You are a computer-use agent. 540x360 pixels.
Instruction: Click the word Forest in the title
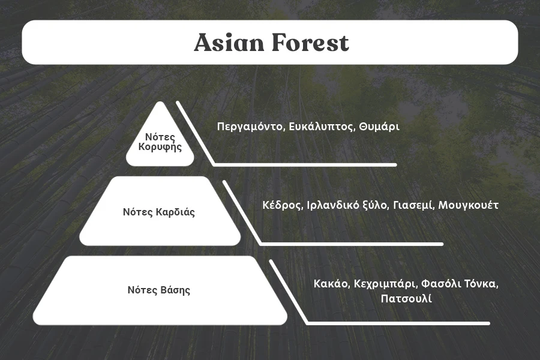pyautogui.click(x=310, y=43)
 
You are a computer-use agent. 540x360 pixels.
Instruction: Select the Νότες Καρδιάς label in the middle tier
pyautogui.click(x=159, y=212)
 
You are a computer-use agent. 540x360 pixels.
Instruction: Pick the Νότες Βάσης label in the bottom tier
pyautogui.click(x=159, y=290)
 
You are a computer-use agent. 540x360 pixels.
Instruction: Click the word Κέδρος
pyautogui.click(x=282, y=205)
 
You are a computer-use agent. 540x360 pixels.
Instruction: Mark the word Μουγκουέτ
pyautogui.click(x=469, y=205)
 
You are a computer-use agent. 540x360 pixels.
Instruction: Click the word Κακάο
pyautogui.click(x=331, y=284)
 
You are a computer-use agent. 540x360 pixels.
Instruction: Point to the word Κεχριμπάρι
pyautogui.click(x=384, y=284)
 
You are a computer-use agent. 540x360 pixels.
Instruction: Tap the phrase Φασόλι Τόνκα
pyautogui.click(x=460, y=284)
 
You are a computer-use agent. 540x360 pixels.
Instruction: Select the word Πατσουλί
pyautogui.click(x=406, y=298)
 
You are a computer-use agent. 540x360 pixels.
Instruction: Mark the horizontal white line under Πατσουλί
pyautogui.click(x=398, y=323)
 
